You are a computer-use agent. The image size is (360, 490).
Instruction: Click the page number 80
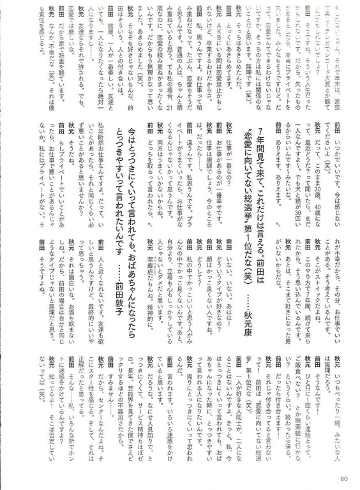pyautogui.click(x=343, y=477)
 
